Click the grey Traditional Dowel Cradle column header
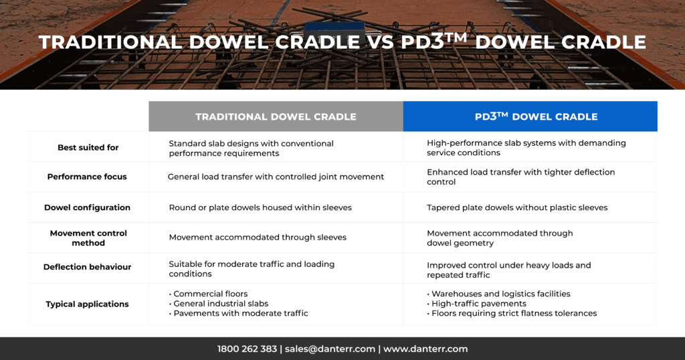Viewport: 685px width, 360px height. (x=276, y=116)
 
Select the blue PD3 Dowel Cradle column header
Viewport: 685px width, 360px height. (x=530, y=116)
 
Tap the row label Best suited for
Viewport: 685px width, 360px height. (x=88, y=147)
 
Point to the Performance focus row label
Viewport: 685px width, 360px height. (x=87, y=177)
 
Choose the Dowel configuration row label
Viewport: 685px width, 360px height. (x=87, y=207)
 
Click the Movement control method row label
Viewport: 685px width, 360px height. (x=88, y=238)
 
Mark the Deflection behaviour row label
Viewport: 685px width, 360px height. (x=87, y=267)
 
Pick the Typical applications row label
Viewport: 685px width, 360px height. (x=87, y=304)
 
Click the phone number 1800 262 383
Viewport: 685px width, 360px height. (x=247, y=349)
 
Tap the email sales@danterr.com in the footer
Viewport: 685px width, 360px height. (x=328, y=349)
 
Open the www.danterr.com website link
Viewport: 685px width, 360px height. (x=425, y=349)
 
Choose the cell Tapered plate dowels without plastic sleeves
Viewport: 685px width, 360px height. (x=517, y=207)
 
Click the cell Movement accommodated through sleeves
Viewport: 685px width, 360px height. (x=258, y=238)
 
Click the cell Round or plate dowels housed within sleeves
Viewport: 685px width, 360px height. (x=260, y=207)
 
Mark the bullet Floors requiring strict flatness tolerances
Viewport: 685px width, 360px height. (x=514, y=313)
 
